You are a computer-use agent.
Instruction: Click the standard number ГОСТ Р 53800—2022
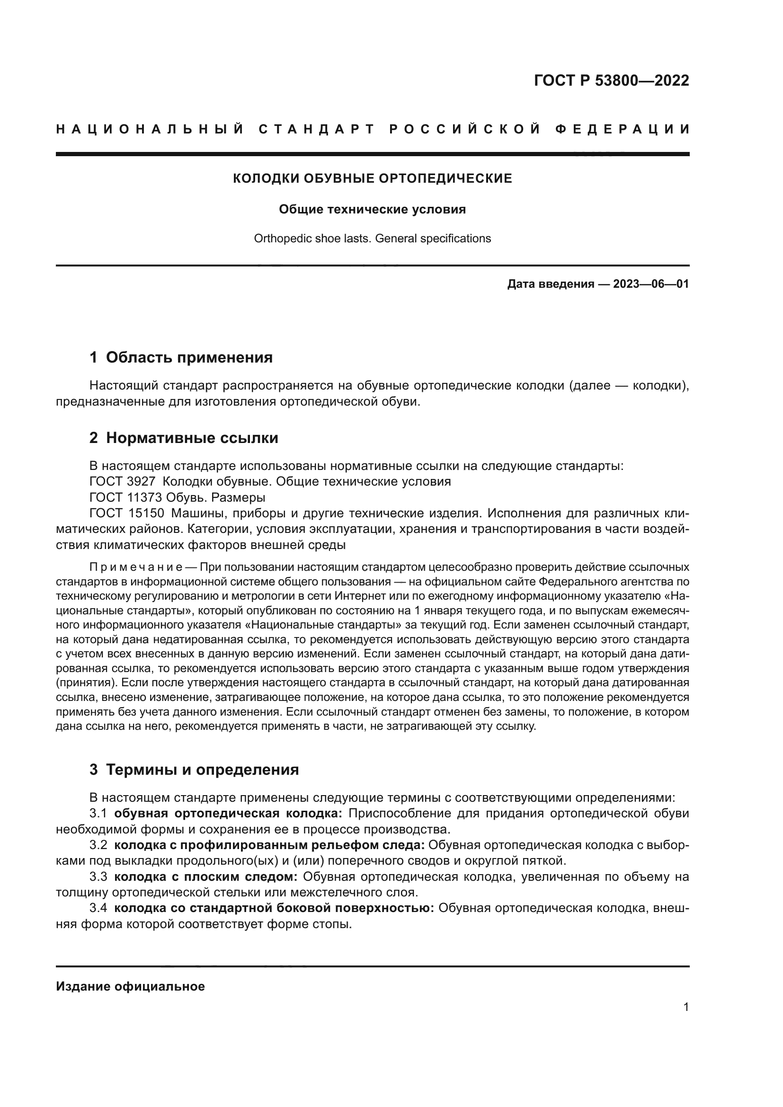coord(611,80)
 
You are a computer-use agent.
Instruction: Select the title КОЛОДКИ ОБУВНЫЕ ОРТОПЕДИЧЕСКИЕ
coord(372,179)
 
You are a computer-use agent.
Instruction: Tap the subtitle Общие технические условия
coord(372,210)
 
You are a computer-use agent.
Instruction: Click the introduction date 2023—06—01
coord(650,284)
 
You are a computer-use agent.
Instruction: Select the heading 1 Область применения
coord(181,358)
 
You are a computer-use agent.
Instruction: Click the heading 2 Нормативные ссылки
coord(184,438)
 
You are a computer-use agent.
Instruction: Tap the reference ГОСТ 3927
coord(123,482)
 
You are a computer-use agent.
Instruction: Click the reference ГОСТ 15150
coord(126,513)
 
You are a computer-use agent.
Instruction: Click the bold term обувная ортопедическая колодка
coord(228,814)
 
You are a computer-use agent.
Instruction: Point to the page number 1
coord(685,1007)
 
